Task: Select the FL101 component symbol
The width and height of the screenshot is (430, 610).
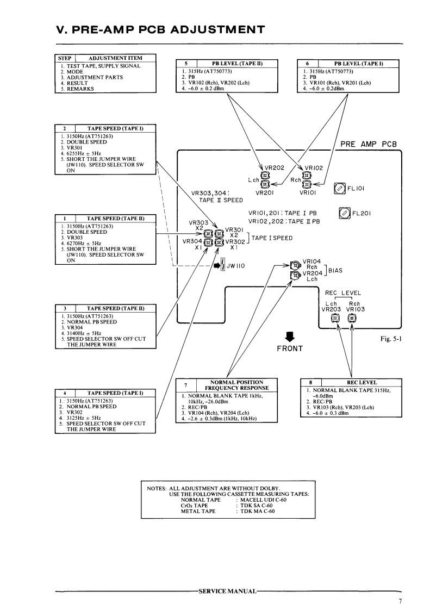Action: point(339,189)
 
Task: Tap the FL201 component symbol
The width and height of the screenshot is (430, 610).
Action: point(345,213)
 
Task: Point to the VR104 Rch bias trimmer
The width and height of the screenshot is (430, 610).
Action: point(296,265)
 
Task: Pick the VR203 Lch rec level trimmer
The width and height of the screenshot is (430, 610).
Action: point(334,319)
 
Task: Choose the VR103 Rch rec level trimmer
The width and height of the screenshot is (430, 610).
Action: point(352,319)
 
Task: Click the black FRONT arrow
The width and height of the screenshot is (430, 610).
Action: point(290,337)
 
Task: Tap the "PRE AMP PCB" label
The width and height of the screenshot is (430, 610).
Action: point(369,144)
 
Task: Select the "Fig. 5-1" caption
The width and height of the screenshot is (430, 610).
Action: point(391,339)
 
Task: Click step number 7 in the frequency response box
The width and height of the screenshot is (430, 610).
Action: point(185,385)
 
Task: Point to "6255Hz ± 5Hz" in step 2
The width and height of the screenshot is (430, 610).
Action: point(84,153)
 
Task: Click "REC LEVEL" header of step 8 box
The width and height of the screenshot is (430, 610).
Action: point(362,382)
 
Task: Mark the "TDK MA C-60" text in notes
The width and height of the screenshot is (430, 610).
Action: point(257,511)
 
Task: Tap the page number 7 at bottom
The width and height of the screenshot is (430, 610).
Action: point(400,601)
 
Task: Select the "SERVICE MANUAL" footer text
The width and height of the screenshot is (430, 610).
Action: point(228,592)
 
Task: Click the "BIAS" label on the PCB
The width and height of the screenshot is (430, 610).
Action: point(335,270)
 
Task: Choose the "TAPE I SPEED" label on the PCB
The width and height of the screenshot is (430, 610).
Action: point(272,238)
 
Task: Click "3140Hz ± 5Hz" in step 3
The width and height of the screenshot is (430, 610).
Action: point(84,333)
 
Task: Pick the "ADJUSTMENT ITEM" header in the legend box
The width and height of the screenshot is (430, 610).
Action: point(115,58)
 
